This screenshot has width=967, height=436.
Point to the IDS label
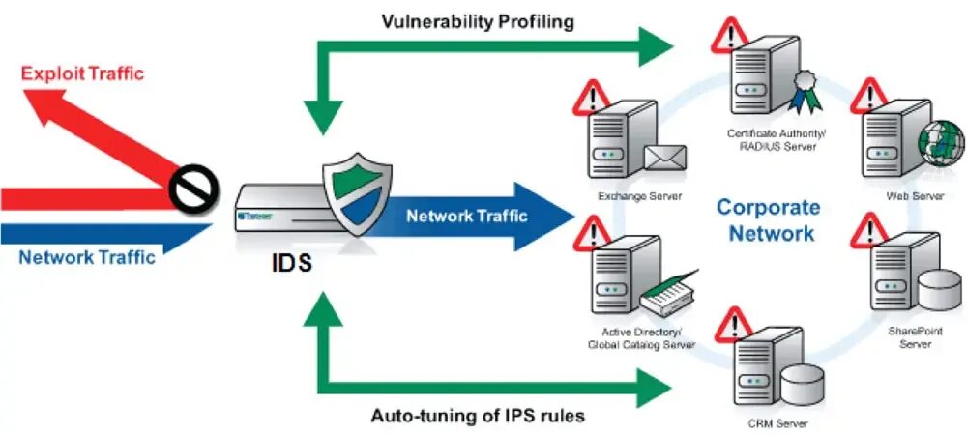(x=291, y=261)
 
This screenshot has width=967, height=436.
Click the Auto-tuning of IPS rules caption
(x=479, y=417)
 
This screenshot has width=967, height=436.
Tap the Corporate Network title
(x=769, y=219)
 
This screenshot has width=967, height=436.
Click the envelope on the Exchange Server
(x=665, y=156)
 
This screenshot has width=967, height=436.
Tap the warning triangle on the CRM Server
(x=737, y=322)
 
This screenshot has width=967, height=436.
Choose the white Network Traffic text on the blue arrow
(x=467, y=216)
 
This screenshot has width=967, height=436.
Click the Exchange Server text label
(x=639, y=196)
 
